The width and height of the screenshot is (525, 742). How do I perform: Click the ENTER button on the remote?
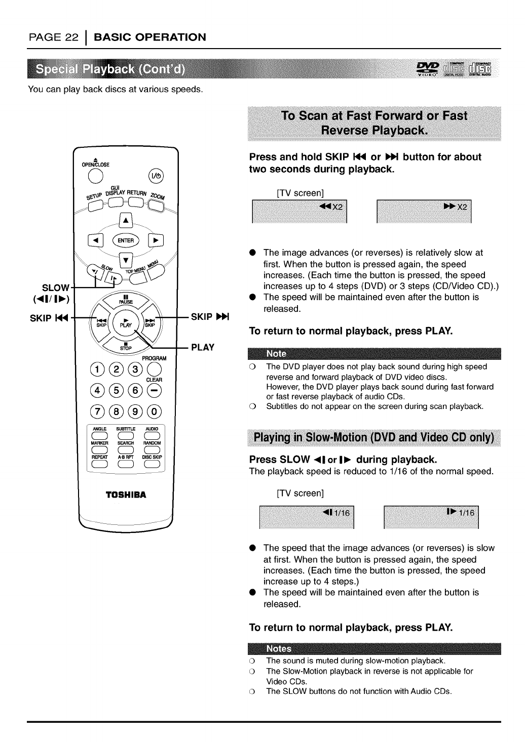126,240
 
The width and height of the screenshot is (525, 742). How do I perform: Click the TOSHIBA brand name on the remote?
125,494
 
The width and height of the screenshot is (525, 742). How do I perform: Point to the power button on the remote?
155,176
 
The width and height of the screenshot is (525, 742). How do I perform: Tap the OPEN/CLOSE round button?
97,175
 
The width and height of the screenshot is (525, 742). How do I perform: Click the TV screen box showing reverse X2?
299,212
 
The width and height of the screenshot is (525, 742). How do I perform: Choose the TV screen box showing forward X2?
424,212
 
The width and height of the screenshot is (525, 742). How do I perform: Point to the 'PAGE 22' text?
53,37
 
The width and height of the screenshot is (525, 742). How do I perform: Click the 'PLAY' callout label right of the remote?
203,347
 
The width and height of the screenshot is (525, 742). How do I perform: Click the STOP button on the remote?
126,347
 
